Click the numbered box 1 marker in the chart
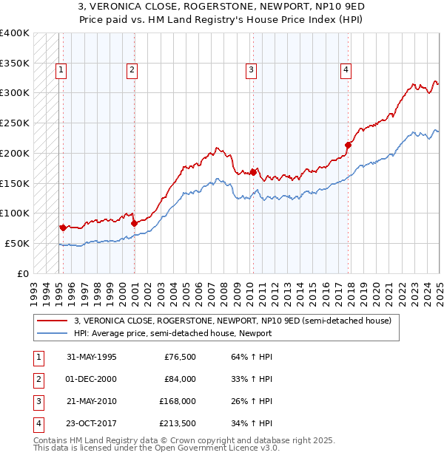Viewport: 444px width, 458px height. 61,70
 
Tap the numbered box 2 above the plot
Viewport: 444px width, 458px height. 132,70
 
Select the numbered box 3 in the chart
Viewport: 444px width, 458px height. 252,70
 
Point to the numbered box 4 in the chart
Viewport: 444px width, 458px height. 346,70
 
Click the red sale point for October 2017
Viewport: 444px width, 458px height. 349,145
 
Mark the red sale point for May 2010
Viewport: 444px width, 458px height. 253,172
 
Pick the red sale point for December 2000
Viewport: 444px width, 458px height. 134,223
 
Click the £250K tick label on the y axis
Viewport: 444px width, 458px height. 15,123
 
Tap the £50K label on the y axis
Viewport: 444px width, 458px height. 17,243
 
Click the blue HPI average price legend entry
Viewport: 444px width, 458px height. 172,333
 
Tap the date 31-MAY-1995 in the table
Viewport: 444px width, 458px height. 92,357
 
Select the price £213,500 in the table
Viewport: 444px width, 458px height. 178,423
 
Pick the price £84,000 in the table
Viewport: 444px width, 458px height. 180,379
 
